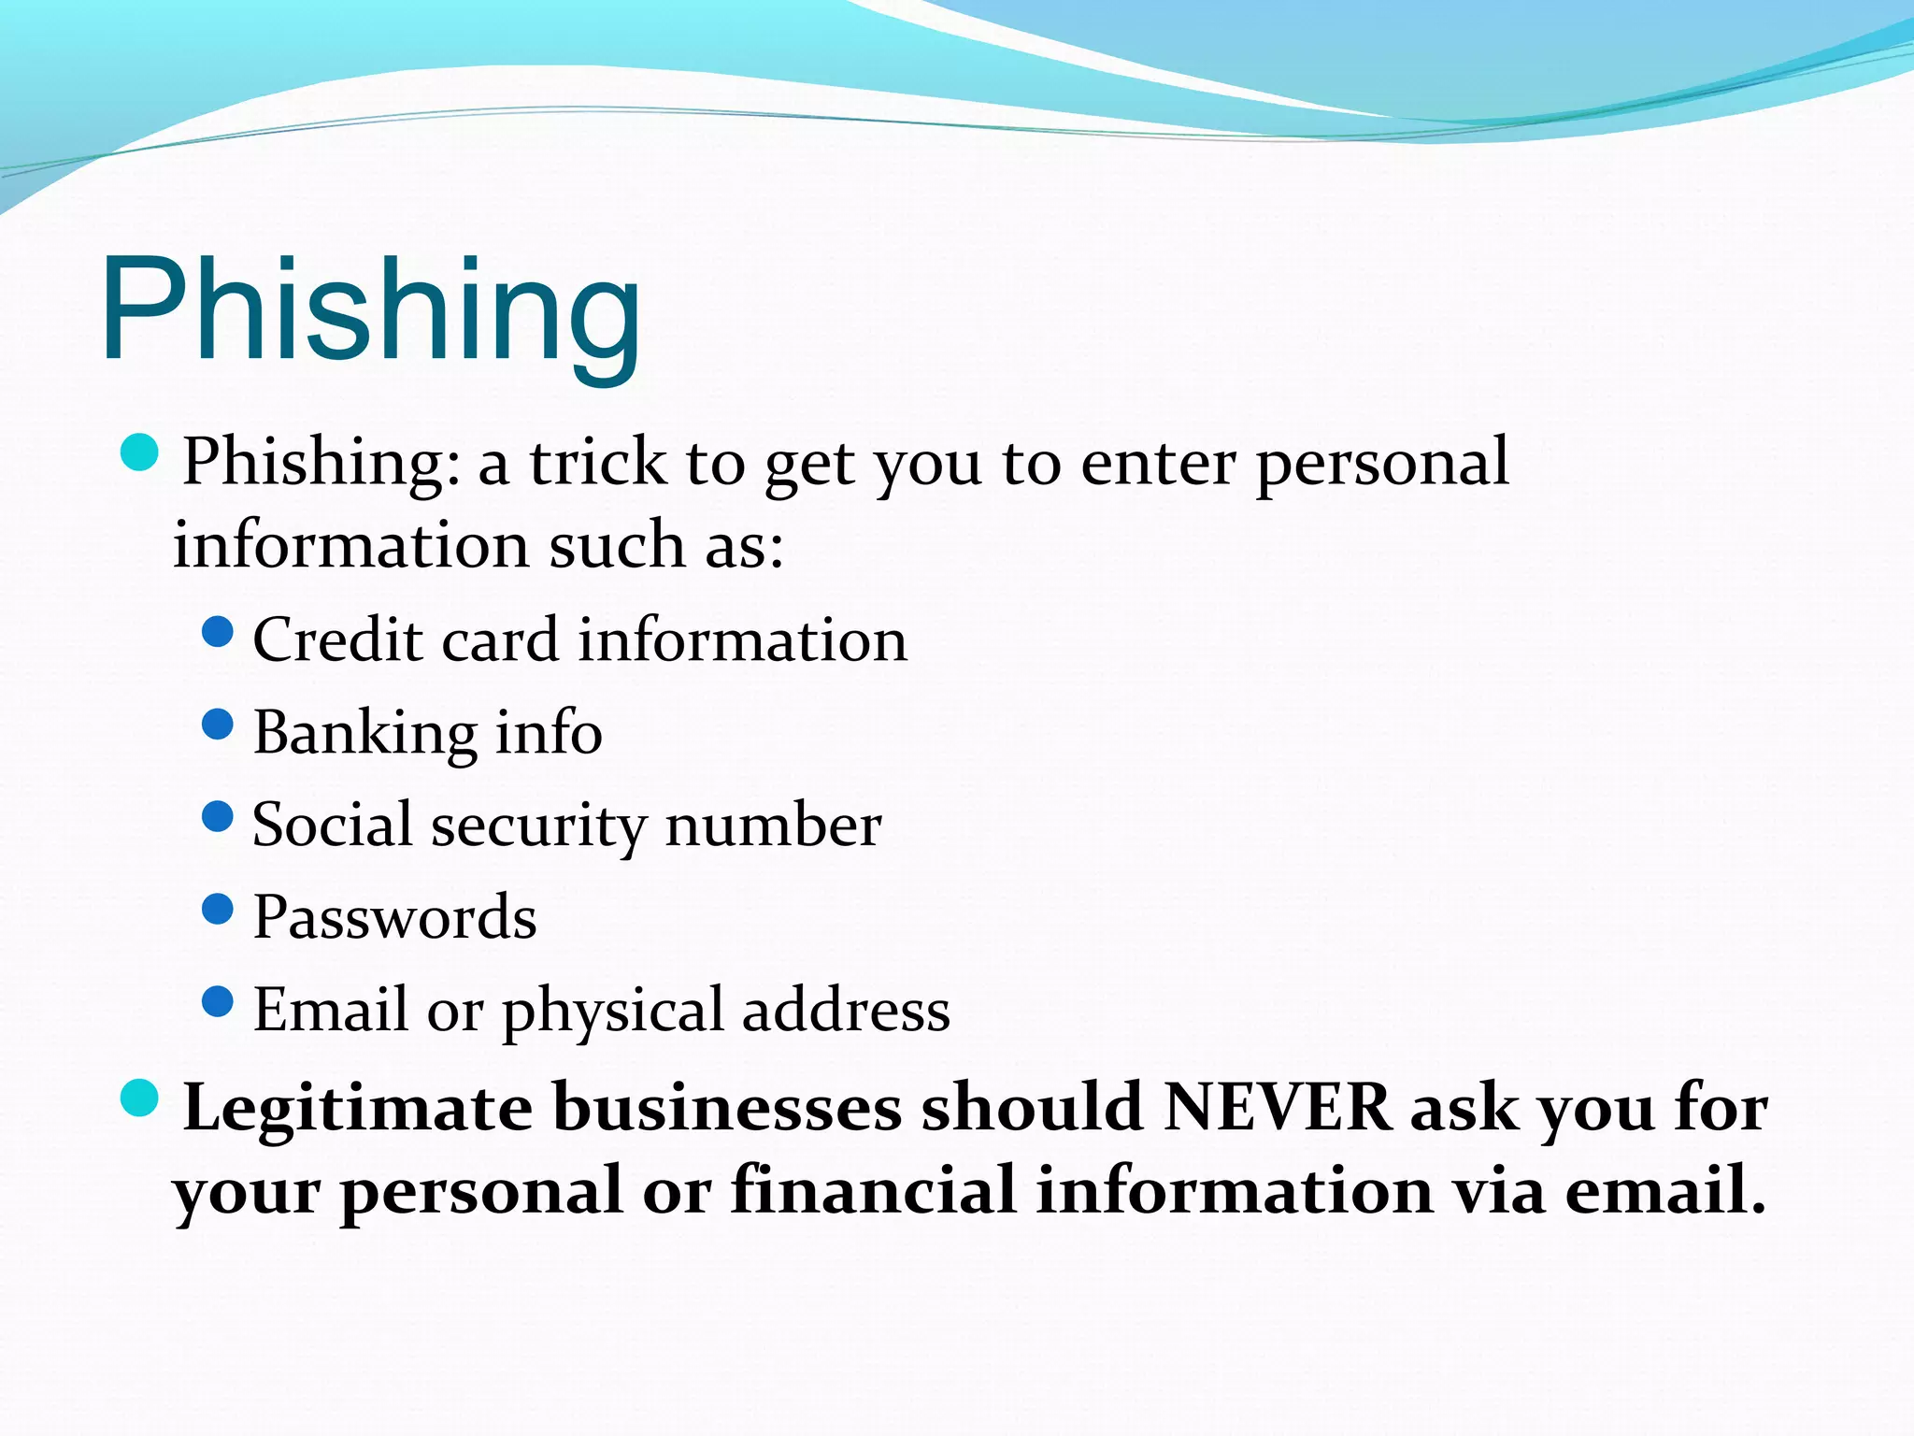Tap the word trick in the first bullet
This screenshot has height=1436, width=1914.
(x=598, y=462)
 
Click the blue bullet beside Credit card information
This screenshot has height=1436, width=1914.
(x=217, y=632)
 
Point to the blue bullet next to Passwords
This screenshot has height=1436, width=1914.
(x=217, y=909)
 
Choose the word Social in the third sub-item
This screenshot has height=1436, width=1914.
(x=332, y=825)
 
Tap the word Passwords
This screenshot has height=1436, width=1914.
(x=394, y=917)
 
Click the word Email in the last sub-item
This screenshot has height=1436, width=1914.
(x=331, y=1010)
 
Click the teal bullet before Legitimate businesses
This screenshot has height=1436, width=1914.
(x=140, y=1098)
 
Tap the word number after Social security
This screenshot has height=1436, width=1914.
(x=773, y=826)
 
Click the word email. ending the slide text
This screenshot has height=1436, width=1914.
(x=1664, y=1191)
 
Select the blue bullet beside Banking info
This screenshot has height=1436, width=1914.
(x=217, y=725)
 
